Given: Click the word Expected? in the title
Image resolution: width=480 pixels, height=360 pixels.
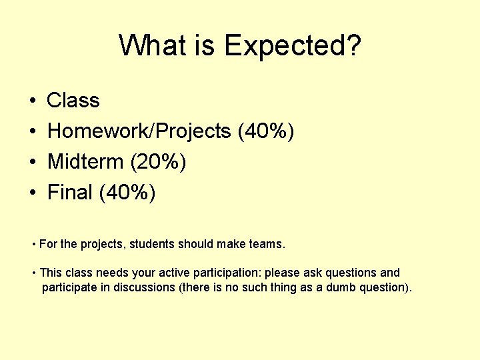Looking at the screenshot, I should [x=293, y=46].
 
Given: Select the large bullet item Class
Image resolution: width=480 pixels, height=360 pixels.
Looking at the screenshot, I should [x=73, y=101].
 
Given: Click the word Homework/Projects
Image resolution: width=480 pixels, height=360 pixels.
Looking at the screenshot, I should [x=139, y=131].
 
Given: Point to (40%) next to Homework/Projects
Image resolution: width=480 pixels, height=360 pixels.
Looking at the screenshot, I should [x=266, y=131].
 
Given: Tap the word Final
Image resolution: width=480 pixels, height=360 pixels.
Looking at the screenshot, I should [x=69, y=193].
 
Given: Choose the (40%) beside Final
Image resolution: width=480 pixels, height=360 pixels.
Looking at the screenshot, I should [x=127, y=193].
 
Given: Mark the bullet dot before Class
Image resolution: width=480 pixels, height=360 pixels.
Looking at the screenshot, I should [x=33, y=101].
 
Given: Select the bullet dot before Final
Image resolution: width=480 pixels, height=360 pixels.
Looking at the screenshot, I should [x=33, y=193].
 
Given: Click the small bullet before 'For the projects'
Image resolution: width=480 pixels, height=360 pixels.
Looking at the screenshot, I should [x=34, y=245].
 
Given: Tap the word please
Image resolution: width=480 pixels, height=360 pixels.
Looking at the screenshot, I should [x=283, y=273].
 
